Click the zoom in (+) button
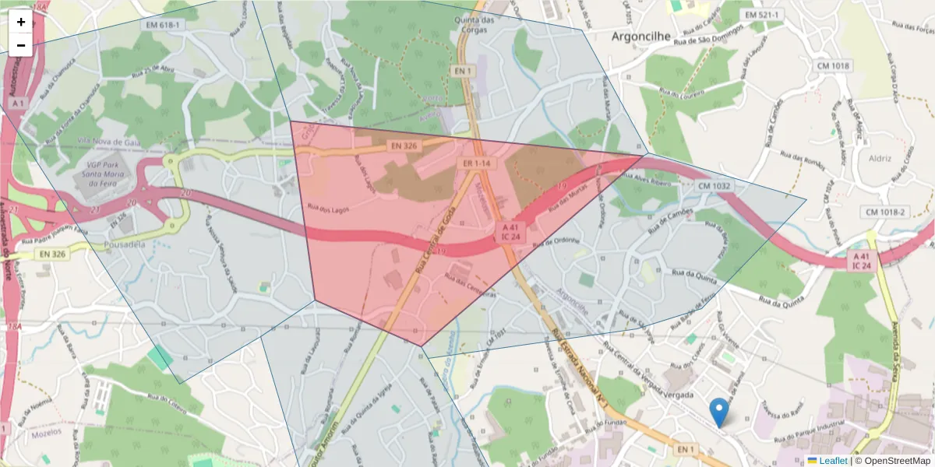coord(21,22)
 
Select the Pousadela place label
coord(125,244)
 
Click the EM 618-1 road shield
coord(162,25)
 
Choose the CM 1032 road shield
coord(714,186)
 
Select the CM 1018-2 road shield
coord(885,212)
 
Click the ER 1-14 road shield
coord(476,163)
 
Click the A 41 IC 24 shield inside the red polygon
coord(511,231)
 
